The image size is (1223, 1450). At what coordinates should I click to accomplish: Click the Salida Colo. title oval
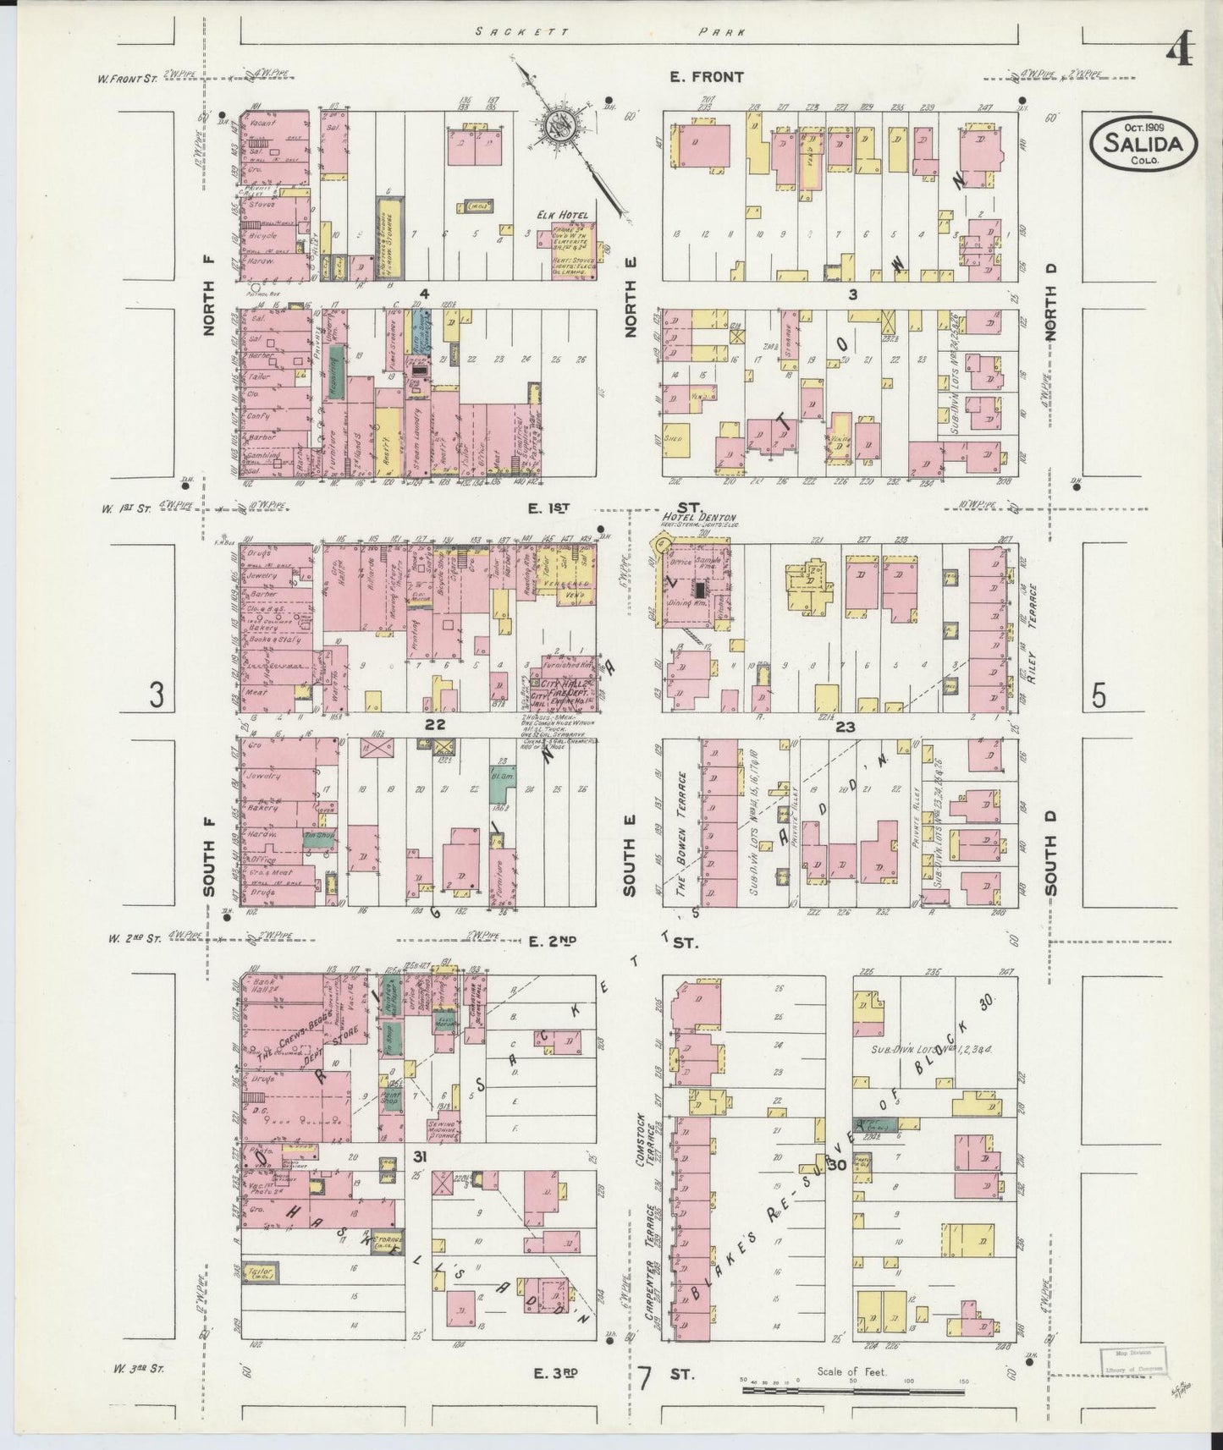[x=1143, y=143]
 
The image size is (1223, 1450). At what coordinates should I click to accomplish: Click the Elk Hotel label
[x=567, y=216]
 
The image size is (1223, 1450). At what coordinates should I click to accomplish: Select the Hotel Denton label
[x=699, y=518]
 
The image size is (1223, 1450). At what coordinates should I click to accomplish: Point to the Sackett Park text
[x=609, y=32]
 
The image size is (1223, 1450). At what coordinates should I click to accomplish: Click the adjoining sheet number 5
[x=1098, y=695]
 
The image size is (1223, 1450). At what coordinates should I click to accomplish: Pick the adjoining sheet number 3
[x=157, y=695]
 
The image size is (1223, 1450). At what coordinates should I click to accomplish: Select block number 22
[x=435, y=724]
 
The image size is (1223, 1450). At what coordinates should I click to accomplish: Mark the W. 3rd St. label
[x=135, y=1367]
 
